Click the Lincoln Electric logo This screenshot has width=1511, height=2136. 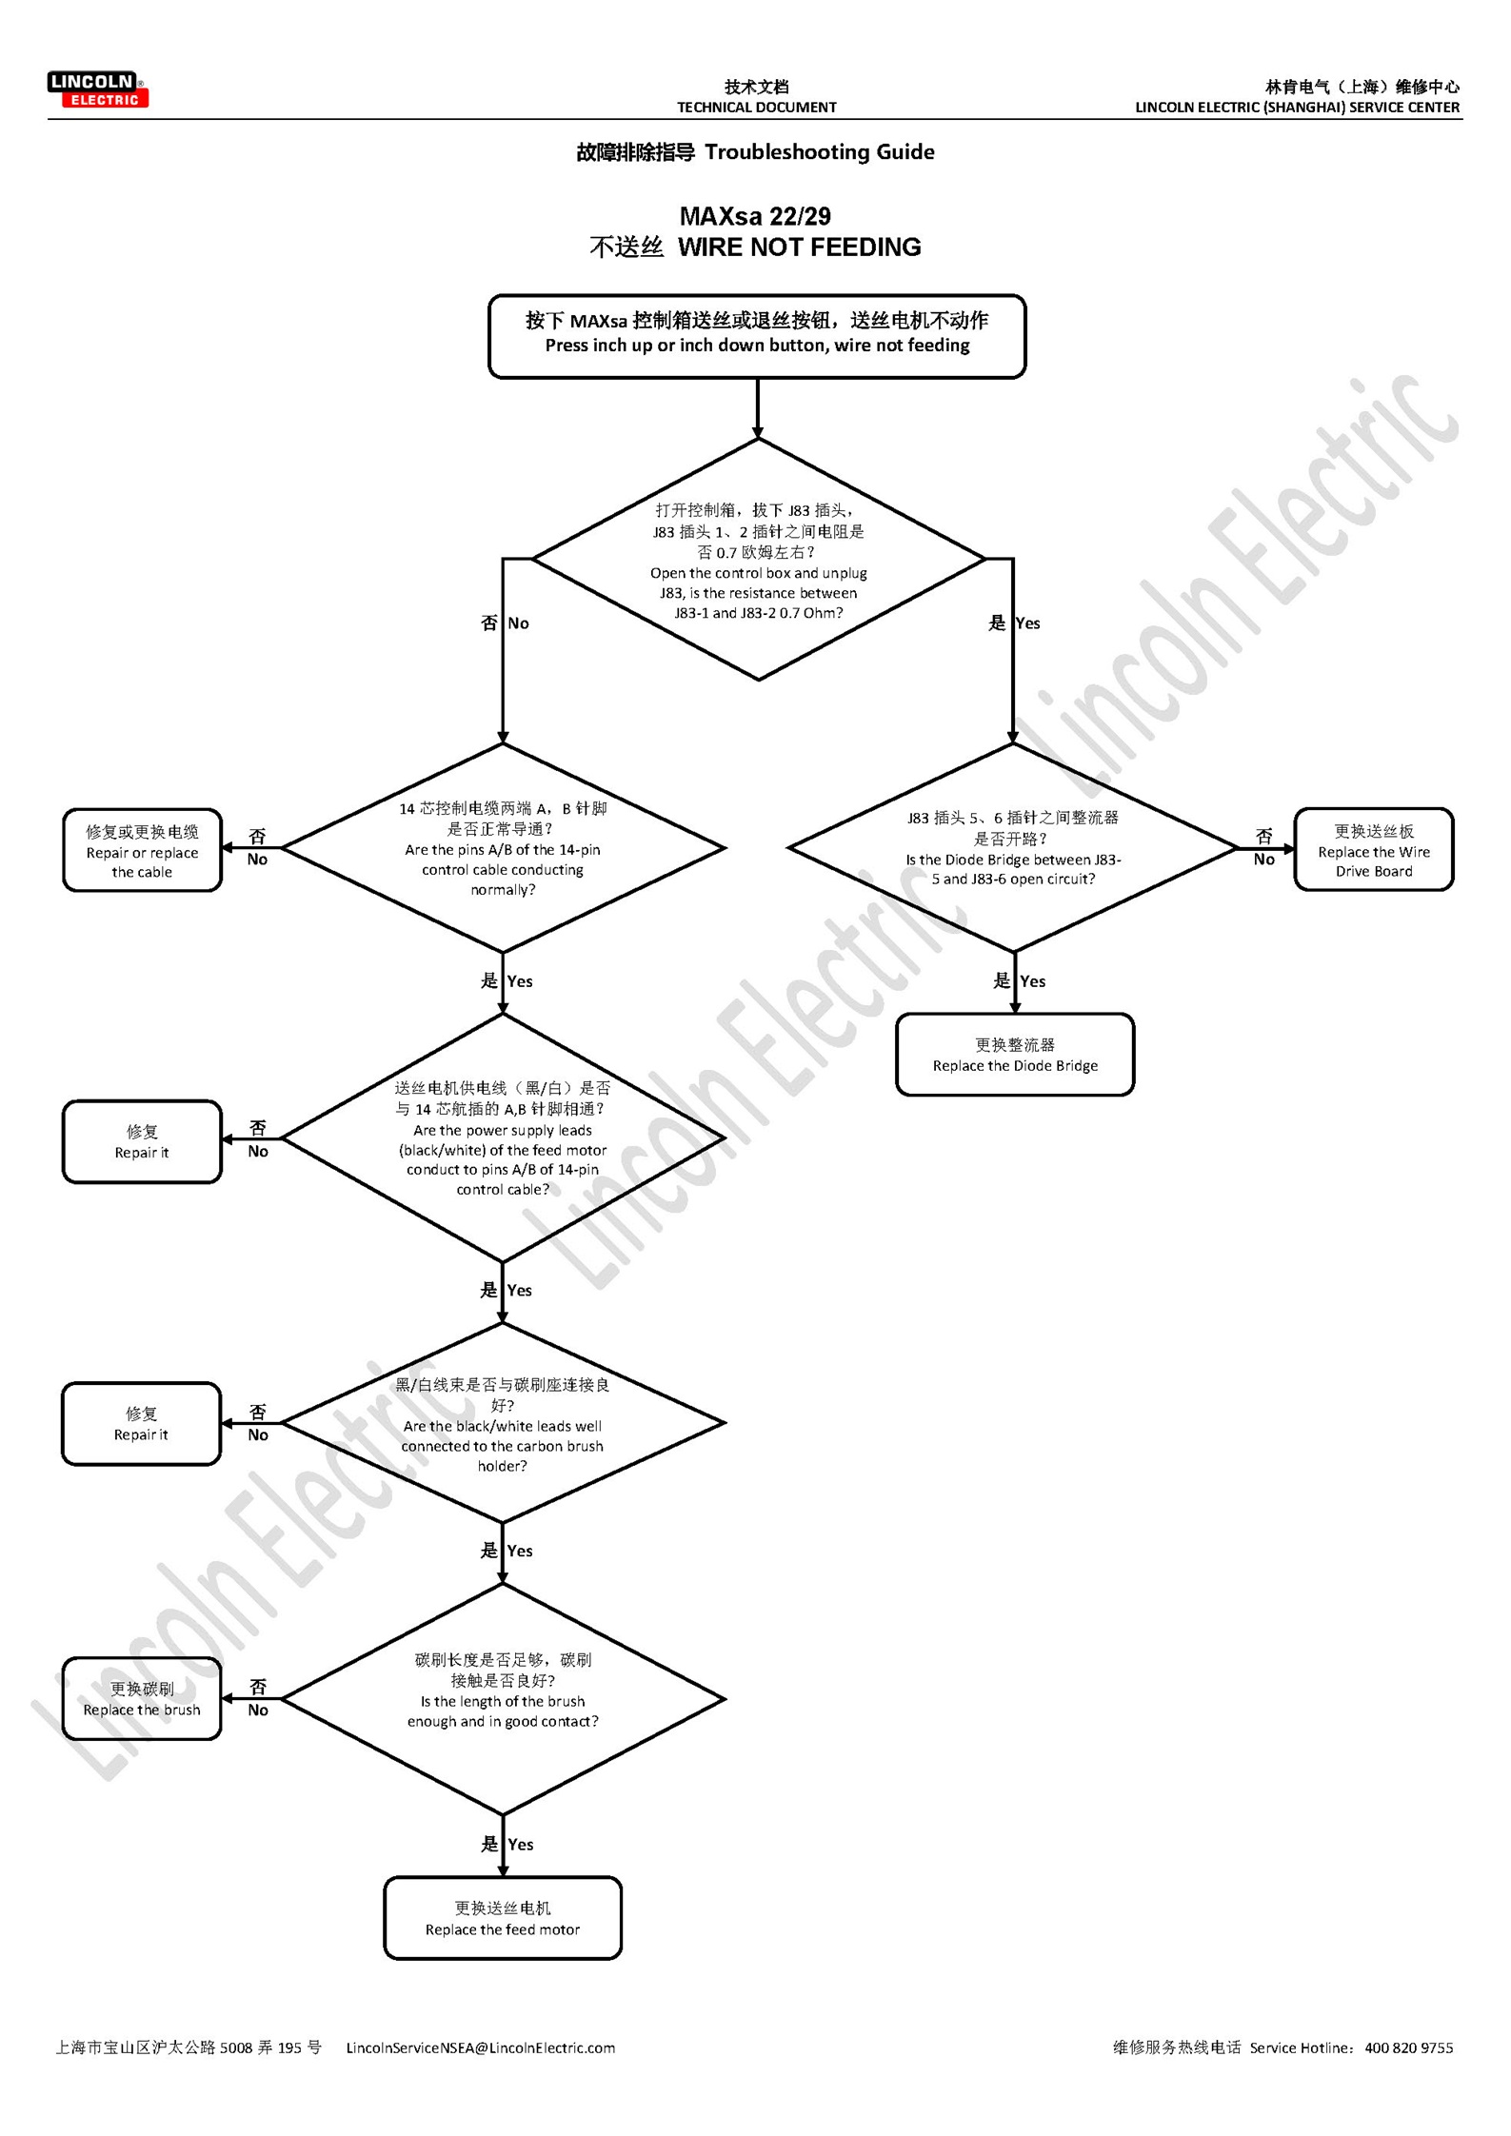point(97,89)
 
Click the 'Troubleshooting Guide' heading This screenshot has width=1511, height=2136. point(819,152)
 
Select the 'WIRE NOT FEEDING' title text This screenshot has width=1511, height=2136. point(799,247)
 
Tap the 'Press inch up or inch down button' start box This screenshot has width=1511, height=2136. point(757,336)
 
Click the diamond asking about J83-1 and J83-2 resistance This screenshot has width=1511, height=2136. point(758,561)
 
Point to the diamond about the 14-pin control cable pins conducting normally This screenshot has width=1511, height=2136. point(503,848)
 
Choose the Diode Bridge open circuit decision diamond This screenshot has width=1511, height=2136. point(1013,847)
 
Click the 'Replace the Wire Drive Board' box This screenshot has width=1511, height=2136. point(1373,850)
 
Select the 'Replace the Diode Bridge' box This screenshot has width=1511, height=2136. point(1015,1055)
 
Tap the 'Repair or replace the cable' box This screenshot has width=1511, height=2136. point(142,851)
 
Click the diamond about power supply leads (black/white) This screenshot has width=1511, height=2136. point(503,1137)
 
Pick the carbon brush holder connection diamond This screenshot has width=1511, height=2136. point(503,1424)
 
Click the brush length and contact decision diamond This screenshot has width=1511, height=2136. point(503,1699)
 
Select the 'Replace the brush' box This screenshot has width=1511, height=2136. point(142,1699)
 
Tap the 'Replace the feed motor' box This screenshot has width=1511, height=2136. point(503,1918)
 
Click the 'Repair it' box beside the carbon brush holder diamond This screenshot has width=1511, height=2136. point(141,1424)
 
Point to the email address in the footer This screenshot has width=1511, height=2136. point(480,2047)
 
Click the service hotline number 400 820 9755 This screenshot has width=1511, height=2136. point(1408,2047)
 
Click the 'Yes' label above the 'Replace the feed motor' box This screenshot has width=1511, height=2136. point(520,1844)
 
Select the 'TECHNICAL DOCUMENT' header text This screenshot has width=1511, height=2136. point(756,108)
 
